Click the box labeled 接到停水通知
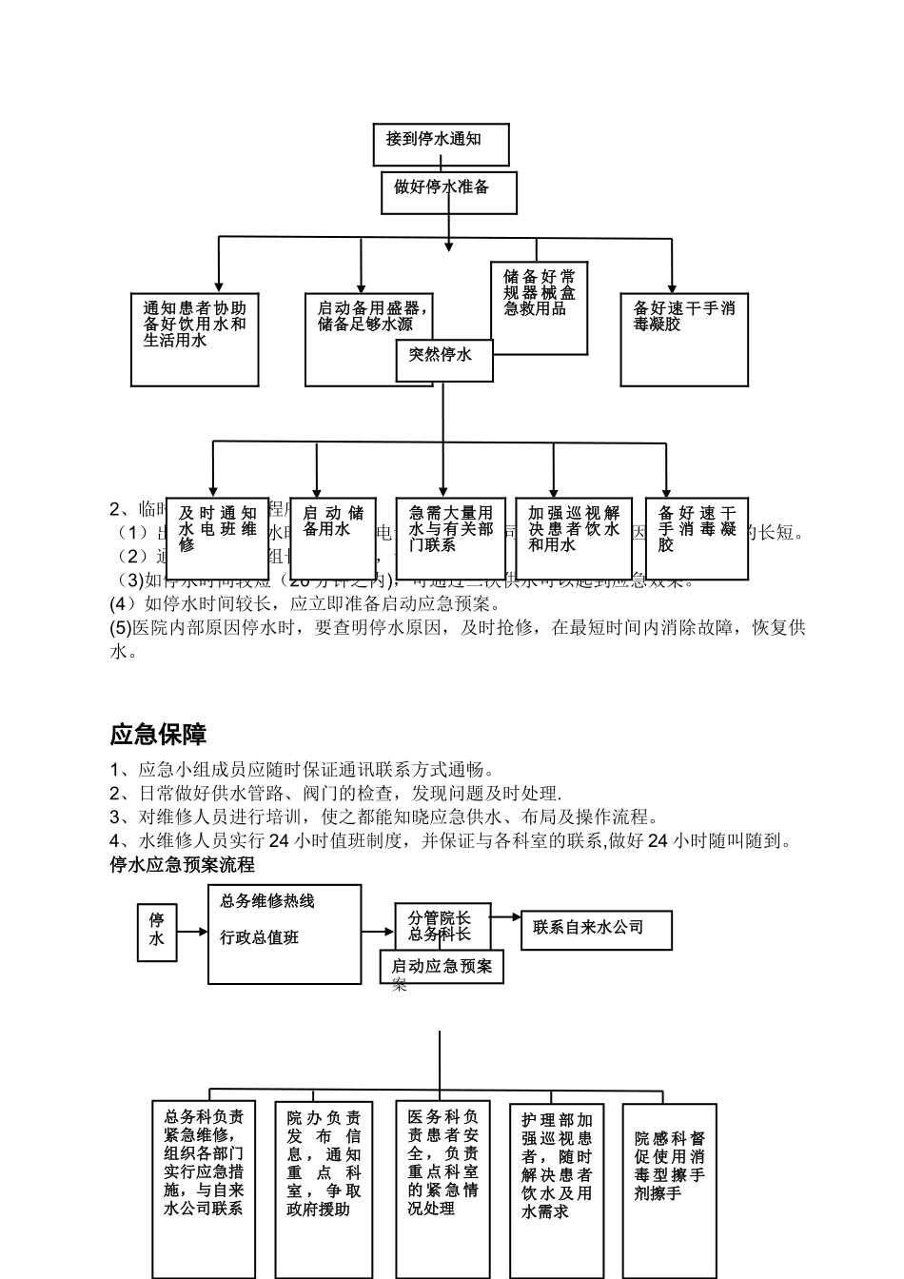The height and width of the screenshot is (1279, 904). pos(441,144)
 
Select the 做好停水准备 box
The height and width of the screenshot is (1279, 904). pos(448,193)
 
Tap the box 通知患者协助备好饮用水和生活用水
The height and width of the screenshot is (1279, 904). pos(194,339)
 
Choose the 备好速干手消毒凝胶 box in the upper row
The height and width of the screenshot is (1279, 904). pos(684,339)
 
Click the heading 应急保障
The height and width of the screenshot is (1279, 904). pos(159,735)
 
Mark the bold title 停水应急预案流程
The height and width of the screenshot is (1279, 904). pos(183,865)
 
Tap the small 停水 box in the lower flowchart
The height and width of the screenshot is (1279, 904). pos(157,931)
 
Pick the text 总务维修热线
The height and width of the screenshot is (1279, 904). pos(267,901)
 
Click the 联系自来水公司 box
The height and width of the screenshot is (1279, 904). pos(597,930)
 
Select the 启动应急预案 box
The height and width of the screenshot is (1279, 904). pos(442,967)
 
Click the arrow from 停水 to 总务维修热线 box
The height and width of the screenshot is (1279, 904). pos(192,932)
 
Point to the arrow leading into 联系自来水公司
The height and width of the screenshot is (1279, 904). pos(506,917)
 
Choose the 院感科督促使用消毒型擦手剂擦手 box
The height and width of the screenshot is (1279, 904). pos(670,1190)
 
